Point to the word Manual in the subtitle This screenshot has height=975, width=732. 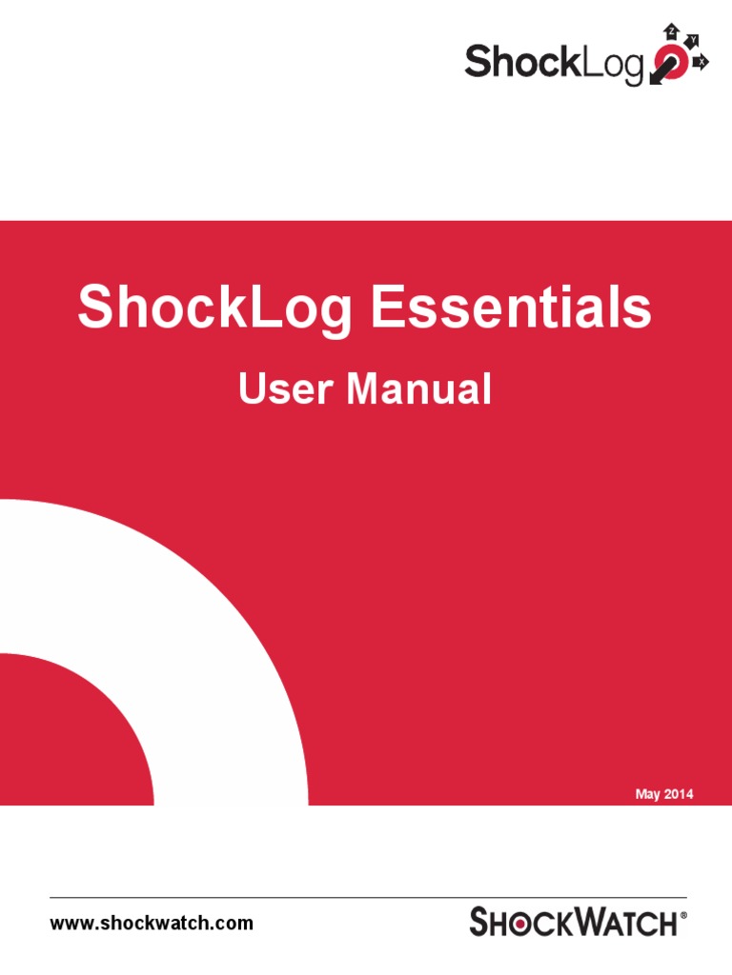[419, 389]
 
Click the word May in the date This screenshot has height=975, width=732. [647, 794]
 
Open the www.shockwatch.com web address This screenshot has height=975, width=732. [152, 923]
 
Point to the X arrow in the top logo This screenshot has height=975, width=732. [702, 61]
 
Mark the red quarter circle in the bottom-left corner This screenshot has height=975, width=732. [57, 733]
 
